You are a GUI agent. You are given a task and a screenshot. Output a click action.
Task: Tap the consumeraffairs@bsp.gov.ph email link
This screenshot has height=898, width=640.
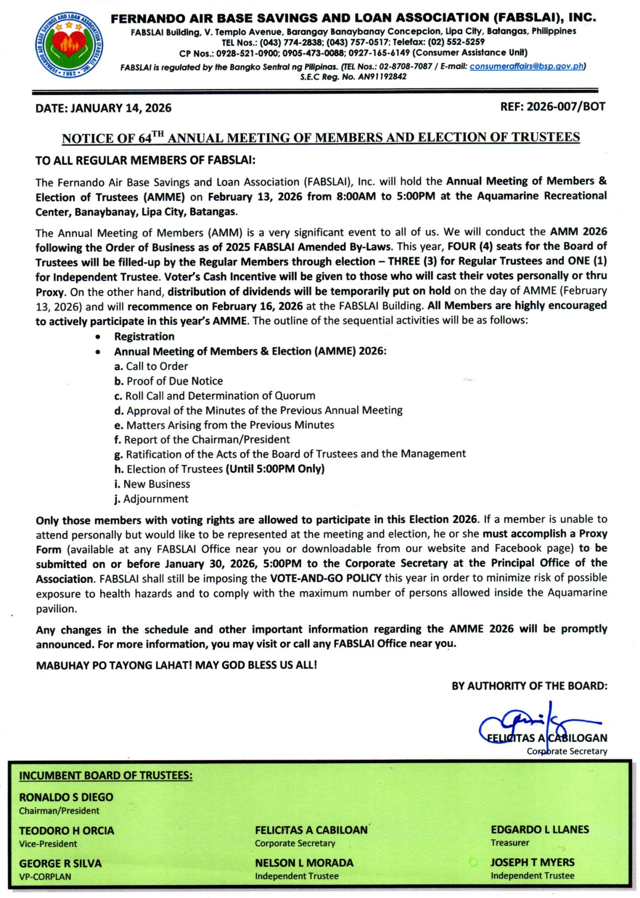click(x=526, y=66)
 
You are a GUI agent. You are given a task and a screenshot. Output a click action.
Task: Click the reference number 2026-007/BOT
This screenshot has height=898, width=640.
click(x=552, y=106)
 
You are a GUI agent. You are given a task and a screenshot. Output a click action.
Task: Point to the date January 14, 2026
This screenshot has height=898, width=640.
click(x=103, y=108)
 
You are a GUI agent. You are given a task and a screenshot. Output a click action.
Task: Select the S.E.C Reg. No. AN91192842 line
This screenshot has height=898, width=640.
click(x=353, y=77)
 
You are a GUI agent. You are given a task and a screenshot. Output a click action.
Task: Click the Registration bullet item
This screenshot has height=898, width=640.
click(x=144, y=337)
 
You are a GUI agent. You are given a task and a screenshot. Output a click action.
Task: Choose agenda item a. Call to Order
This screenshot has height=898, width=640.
click(x=151, y=366)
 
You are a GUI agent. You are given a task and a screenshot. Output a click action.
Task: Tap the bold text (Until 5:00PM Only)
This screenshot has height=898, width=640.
click(x=275, y=469)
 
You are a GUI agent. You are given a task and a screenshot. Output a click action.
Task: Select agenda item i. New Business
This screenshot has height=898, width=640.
click(x=152, y=484)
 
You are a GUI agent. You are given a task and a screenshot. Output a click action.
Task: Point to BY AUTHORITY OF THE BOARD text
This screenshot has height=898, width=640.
click(x=529, y=686)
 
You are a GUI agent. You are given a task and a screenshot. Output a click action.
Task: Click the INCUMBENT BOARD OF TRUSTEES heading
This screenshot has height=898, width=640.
click(x=106, y=776)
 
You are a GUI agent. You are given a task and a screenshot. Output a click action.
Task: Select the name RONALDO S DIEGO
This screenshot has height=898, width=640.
click(x=66, y=797)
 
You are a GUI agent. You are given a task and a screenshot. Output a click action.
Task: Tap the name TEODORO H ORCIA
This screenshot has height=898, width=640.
click(x=67, y=831)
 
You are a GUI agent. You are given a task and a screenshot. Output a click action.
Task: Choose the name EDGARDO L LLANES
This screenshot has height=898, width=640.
click(x=540, y=830)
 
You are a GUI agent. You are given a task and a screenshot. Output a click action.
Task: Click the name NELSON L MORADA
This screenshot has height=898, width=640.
click(x=304, y=863)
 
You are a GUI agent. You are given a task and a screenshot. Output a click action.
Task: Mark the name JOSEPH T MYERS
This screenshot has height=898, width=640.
click(x=532, y=863)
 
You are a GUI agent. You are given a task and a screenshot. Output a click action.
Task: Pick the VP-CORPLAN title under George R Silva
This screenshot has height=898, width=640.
click(x=45, y=877)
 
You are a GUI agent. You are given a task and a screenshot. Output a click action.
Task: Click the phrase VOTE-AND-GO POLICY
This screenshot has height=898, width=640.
click(x=326, y=578)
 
